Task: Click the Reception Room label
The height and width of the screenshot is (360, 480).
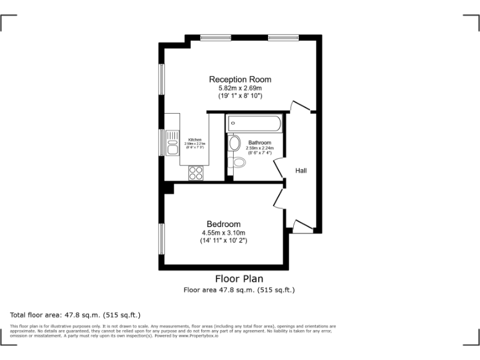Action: pos(240,79)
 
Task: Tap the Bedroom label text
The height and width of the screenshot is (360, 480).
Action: pos(224,224)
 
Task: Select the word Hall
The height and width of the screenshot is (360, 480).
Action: pos(301,171)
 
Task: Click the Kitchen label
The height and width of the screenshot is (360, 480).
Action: pos(195,139)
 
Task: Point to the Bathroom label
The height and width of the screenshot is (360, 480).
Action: pos(259,142)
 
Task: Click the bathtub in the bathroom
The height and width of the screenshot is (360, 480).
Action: pos(254,122)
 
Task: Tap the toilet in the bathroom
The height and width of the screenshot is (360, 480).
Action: pos(237,162)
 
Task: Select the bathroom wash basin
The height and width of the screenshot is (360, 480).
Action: pos(234,143)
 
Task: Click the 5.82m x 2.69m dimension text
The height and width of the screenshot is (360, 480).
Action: pos(240,89)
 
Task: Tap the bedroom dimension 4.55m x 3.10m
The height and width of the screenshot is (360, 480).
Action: pos(224,233)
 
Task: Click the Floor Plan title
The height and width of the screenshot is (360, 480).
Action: pos(239,279)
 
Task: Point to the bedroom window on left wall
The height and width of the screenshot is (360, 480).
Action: pos(161,239)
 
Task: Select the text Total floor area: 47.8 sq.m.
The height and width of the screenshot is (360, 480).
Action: pos(76,315)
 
